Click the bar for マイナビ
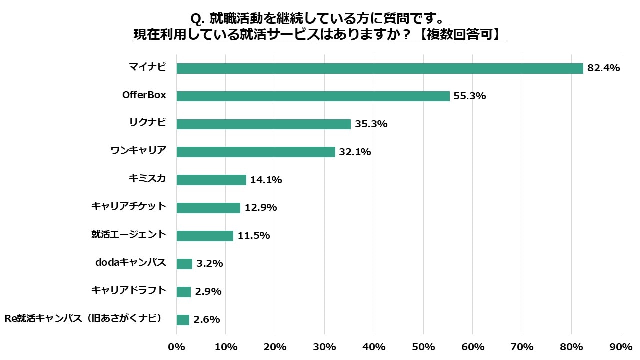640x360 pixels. point(380,69)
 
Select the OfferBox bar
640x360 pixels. point(313,96)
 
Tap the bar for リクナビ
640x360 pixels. point(263,124)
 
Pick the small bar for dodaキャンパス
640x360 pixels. point(184,264)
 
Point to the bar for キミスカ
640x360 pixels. point(211,180)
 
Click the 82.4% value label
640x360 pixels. point(603,68)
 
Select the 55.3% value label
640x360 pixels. point(469,96)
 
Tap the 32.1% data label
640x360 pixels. point(355,152)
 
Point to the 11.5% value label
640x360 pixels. point(254,235)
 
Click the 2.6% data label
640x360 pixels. point(207,319)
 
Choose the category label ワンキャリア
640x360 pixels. point(138,150)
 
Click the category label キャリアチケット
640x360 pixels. point(129,206)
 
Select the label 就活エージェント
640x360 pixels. point(129,234)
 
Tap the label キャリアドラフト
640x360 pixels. point(129,290)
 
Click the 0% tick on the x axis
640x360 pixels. point(176,347)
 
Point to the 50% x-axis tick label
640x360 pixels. point(423,347)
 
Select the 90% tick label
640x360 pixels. point(621,347)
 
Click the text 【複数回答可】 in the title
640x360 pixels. point(459,35)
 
